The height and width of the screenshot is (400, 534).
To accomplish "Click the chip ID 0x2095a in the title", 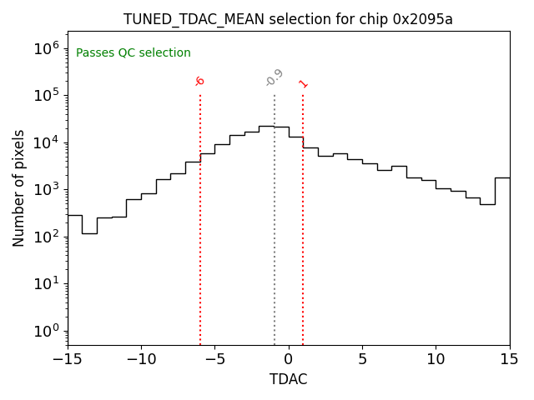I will click(x=422, y=19).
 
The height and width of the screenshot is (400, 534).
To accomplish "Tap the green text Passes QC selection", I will click(x=133, y=53).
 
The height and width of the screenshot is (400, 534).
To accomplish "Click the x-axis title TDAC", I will click(x=288, y=379).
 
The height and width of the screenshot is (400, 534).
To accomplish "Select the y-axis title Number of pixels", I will click(x=19, y=187).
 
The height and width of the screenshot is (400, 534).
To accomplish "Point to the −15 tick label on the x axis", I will click(x=68, y=359).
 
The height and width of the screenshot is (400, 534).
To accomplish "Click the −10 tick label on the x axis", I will click(x=141, y=359).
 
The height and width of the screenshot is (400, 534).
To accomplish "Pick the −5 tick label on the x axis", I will click(x=214, y=359).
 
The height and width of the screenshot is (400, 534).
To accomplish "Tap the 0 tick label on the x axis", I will click(x=289, y=359).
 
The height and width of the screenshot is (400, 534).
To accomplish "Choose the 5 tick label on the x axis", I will click(x=362, y=359).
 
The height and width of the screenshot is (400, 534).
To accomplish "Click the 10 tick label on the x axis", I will click(x=436, y=359).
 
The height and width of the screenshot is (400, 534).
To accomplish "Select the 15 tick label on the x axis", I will click(x=509, y=359).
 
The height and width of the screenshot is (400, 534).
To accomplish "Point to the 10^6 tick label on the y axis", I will click(x=45, y=47).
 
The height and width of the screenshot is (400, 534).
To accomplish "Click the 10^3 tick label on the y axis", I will click(x=45, y=189).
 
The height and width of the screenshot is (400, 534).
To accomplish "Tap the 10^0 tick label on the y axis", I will click(x=45, y=331).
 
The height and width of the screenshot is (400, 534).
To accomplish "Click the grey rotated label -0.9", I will click(x=274, y=77).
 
